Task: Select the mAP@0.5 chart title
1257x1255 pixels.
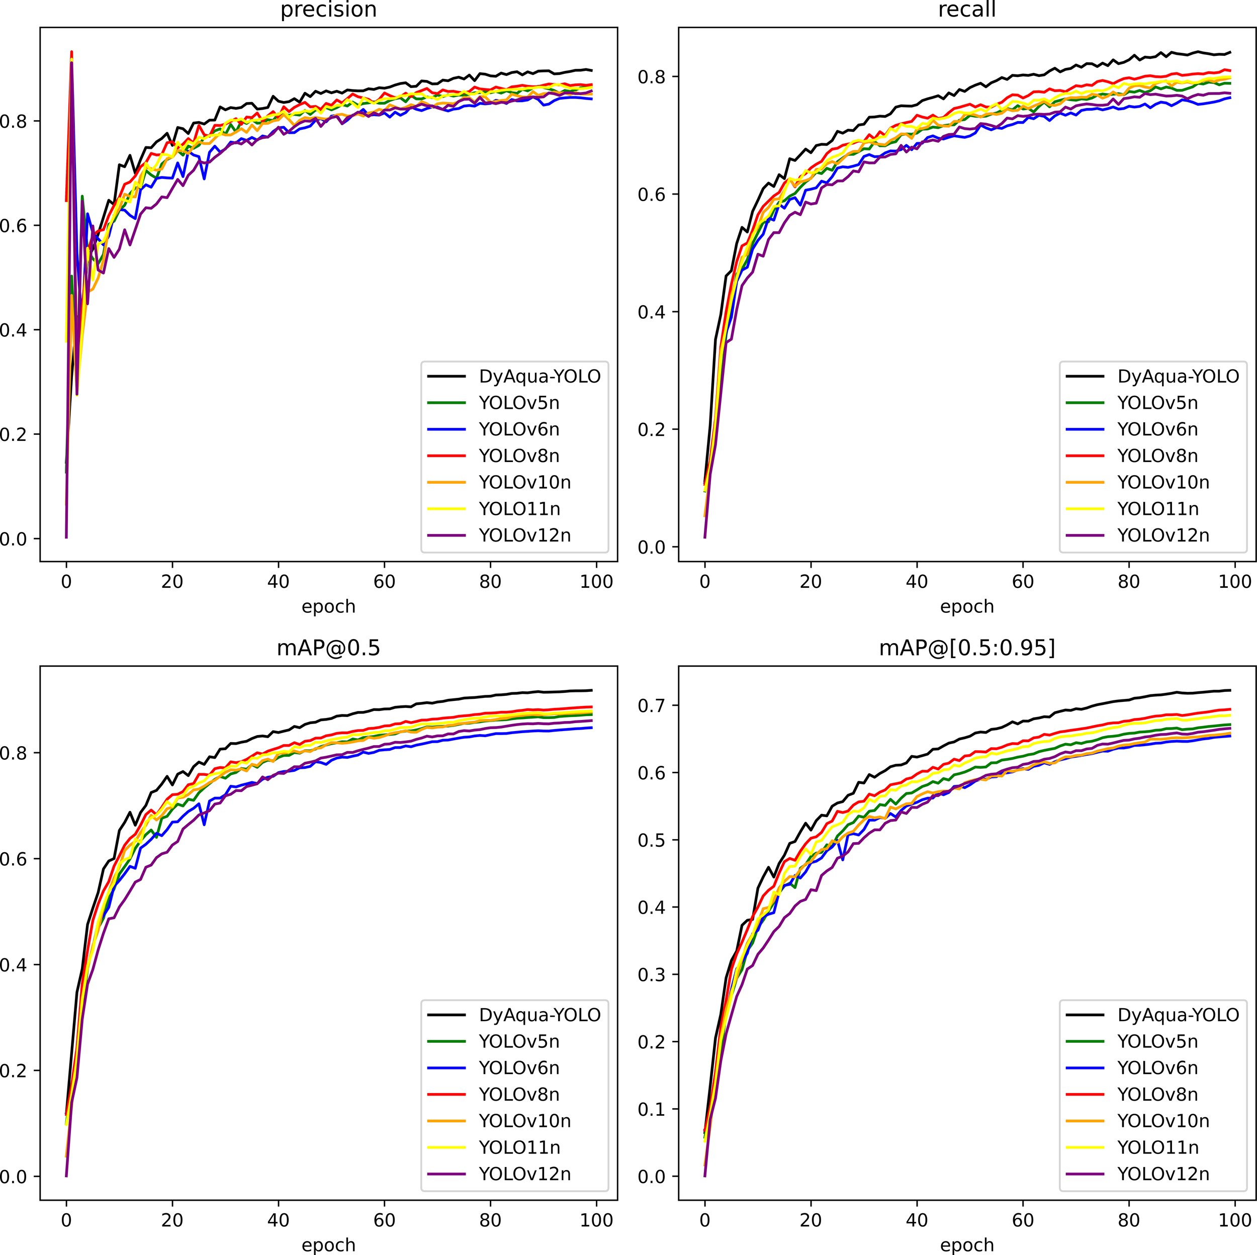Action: coord(328,648)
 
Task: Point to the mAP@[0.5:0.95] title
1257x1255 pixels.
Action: coord(967,648)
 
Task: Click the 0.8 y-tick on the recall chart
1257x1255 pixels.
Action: coord(651,77)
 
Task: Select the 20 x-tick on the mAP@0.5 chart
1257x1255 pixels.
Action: coord(172,1220)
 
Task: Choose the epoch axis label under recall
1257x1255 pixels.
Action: coord(967,606)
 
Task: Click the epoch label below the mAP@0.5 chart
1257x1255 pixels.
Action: coord(328,1244)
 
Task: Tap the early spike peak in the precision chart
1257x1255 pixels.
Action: coord(71,52)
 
